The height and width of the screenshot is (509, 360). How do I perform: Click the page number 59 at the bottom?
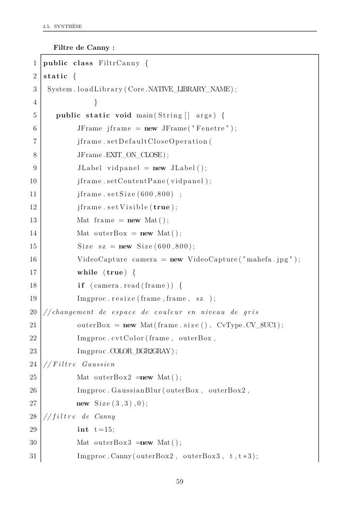(180, 481)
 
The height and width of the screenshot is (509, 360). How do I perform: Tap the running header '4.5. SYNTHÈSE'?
(62, 26)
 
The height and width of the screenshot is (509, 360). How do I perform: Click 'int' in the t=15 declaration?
(83, 429)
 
